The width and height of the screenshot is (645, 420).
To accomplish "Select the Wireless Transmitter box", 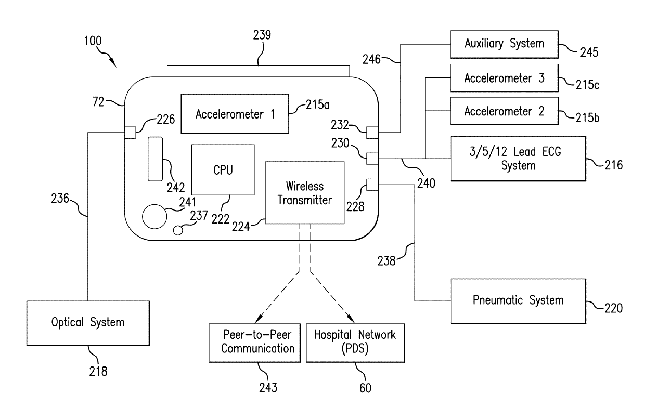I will [304, 193].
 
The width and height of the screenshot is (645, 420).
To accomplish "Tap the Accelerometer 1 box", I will [235, 113].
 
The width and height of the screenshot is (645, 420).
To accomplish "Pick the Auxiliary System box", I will [504, 43].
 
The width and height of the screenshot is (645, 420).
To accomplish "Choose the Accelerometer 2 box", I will [504, 111].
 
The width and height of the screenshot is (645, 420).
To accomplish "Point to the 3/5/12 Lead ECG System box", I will [518, 159].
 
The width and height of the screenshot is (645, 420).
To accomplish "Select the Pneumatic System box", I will [518, 300].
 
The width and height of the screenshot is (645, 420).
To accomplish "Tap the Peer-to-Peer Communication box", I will [254, 342].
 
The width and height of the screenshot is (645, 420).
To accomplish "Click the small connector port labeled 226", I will [130, 133].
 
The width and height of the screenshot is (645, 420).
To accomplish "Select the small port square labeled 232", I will [372, 133].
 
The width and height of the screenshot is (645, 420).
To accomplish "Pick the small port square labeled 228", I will [372, 184].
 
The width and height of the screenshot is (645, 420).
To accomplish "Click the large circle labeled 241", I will [154, 216].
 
